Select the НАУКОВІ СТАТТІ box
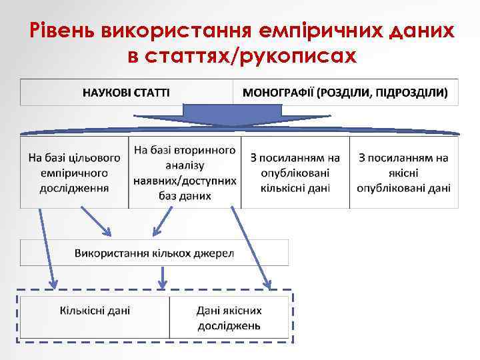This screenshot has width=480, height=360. point(126,92)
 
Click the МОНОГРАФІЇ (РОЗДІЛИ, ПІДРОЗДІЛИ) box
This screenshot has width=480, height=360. point(345,92)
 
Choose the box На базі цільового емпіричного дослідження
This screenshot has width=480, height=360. point(74,173)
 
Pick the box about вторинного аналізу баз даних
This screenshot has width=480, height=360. point(185,173)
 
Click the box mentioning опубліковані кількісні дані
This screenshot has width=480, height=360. point(295,173)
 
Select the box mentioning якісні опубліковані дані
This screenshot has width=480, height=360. point(403,173)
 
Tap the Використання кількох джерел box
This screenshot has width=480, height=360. point(154,253)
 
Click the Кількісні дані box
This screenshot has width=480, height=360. point(95,318)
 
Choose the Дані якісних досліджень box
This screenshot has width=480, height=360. point(229,318)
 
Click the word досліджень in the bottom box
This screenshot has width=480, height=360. point(229,326)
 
